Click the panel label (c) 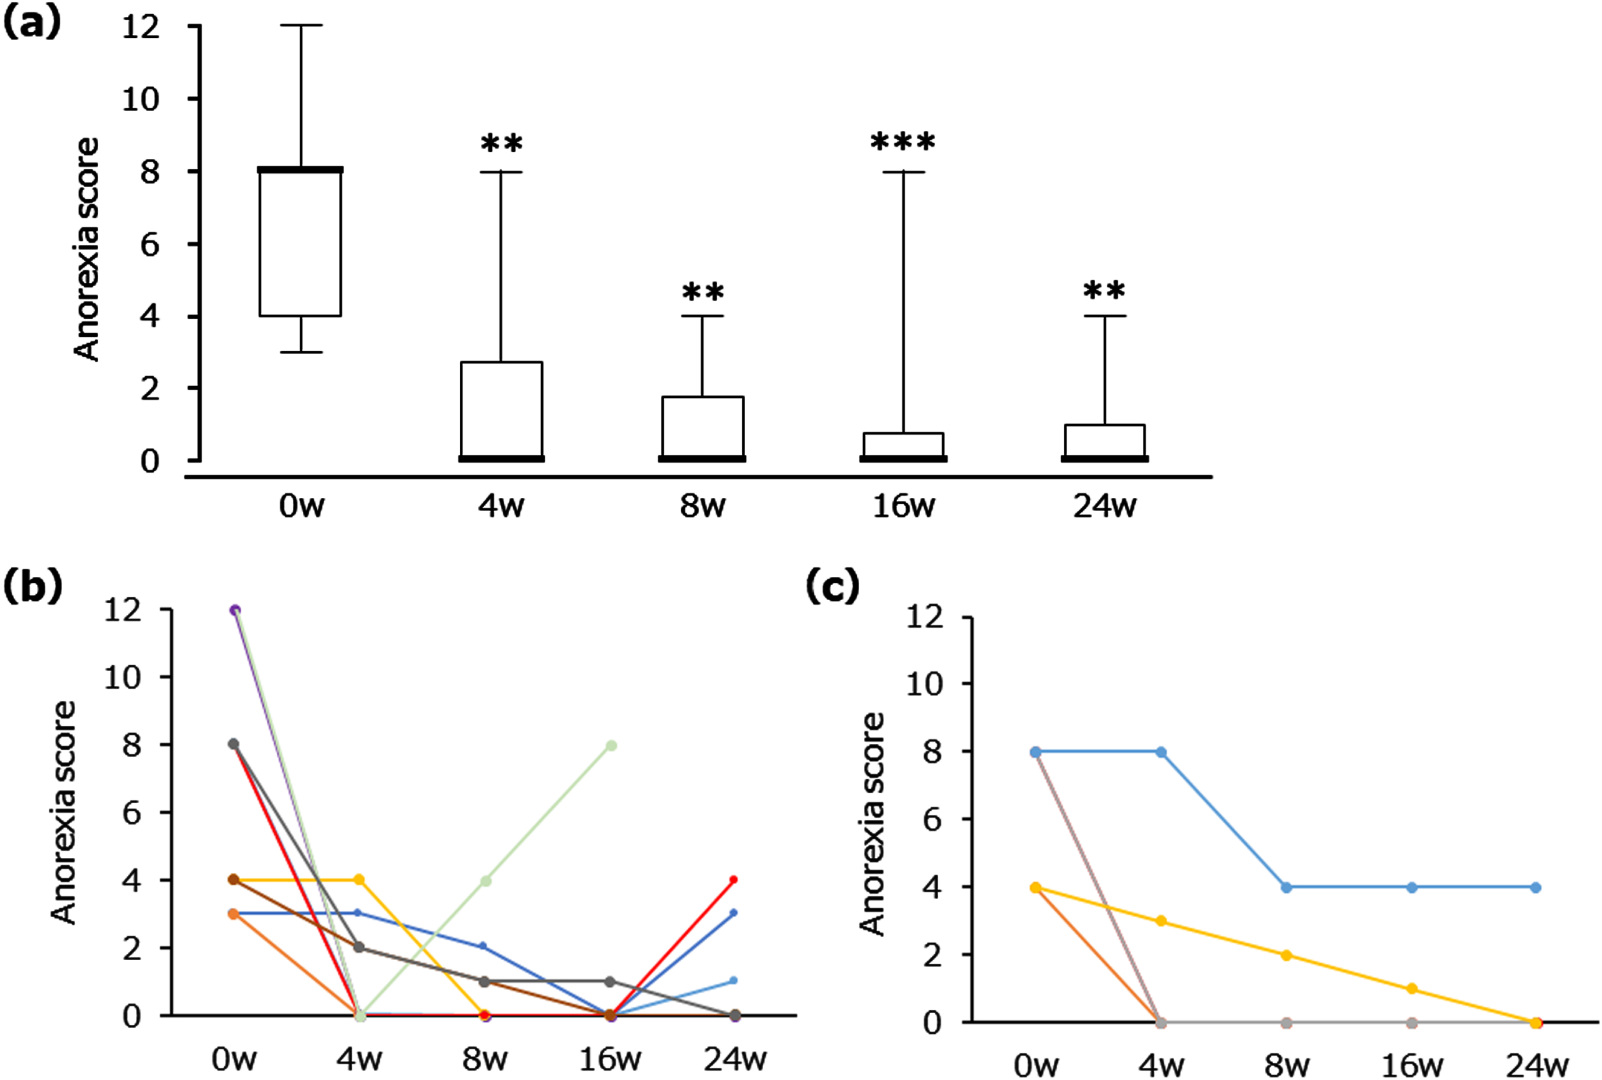click(x=832, y=587)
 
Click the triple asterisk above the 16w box click(x=903, y=142)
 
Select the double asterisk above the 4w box click(x=501, y=144)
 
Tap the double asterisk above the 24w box click(x=1104, y=291)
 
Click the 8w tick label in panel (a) click(x=702, y=506)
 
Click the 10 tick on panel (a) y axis click(x=141, y=99)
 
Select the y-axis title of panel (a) click(x=87, y=249)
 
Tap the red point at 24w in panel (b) click(x=734, y=879)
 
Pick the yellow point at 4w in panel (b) click(x=359, y=879)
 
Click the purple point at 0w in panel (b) click(x=235, y=610)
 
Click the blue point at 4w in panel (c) click(x=1161, y=751)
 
